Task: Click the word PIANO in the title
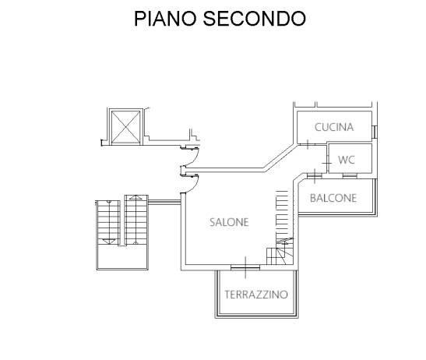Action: tap(165, 19)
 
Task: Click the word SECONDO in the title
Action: tap(255, 19)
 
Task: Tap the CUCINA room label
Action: tap(334, 127)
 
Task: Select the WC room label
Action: tap(347, 160)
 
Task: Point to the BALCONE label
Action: tap(333, 198)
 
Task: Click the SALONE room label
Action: tap(229, 222)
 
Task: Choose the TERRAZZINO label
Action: tap(256, 295)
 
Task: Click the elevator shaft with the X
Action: tap(126, 127)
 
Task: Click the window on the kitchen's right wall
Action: tap(375, 132)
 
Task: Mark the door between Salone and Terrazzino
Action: tap(245, 267)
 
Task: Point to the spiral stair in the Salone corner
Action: tap(280, 251)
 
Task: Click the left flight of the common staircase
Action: tap(109, 222)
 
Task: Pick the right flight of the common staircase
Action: tap(136, 220)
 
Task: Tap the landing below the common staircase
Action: tap(122, 257)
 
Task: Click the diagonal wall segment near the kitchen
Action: tap(280, 157)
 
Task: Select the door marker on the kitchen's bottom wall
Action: tap(308, 144)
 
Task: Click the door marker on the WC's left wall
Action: tap(327, 163)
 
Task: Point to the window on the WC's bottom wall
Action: tap(350, 175)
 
